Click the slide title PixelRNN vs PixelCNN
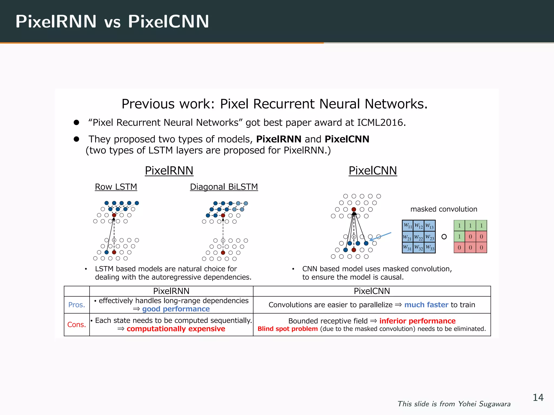pyautogui.click(x=112, y=21)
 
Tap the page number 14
pyautogui.click(x=538, y=397)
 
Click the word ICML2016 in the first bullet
pyautogui.click(x=381, y=122)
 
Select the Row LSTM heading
pyautogui.click(x=116, y=187)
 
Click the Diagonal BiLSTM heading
pyautogui.click(x=224, y=187)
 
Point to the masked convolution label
pyautogui.click(x=444, y=209)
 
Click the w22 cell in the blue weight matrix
pyautogui.click(x=418, y=237)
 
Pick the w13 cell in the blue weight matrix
pyautogui.click(x=430, y=226)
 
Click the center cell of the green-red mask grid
pyautogui.click(x=470, y=237)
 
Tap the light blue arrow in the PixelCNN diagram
pyautogui.click(x=380, y=236)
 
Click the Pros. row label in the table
pyautogui.click(x=77, y=305)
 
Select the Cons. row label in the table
pyautogui.click(x=77, y=324)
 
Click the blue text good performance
pyautogui.click(x=176, y=309)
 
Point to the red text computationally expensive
pyautogui.click(x=176, y=329)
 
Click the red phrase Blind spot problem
pyautogui.click(x=288, y=329)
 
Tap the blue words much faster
pyautogui.click(x=426, y=305)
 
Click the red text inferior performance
pyautogui.click(x=417, y=321)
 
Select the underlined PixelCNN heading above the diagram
pyautogui.click(x=372, y=170)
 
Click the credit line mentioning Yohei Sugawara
pyautogui.click(x=454, y=404)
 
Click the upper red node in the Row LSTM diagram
pyautogui.click(x=114, y=215)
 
